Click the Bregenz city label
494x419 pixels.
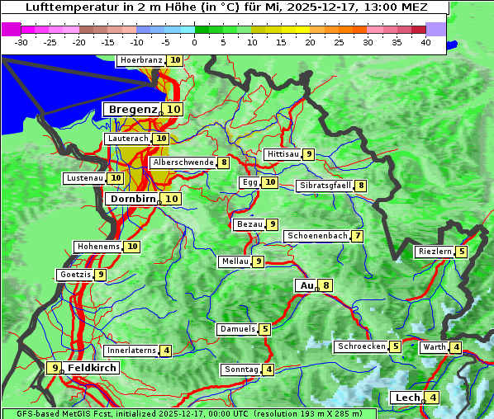click(132, 109)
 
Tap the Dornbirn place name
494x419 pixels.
click(132, 199)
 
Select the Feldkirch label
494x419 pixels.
click(92, 368)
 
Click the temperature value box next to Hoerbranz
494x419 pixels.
click(174, 60)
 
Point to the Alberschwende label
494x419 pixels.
click(183, 162)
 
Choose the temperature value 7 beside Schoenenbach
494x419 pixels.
click(357, 236)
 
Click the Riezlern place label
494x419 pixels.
click(435, 252)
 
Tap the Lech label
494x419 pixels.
click(407, 398)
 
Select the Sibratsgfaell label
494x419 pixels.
click(325, 186)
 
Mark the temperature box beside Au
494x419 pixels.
click(327, 285)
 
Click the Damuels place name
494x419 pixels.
click(237, 329)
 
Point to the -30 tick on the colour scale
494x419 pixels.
click(21, 41)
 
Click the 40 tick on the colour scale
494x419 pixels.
click(425, 41)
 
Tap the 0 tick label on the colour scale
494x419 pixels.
click(195, 41)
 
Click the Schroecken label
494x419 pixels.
click(362, 346)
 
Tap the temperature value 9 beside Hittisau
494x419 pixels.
click(308, 154)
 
